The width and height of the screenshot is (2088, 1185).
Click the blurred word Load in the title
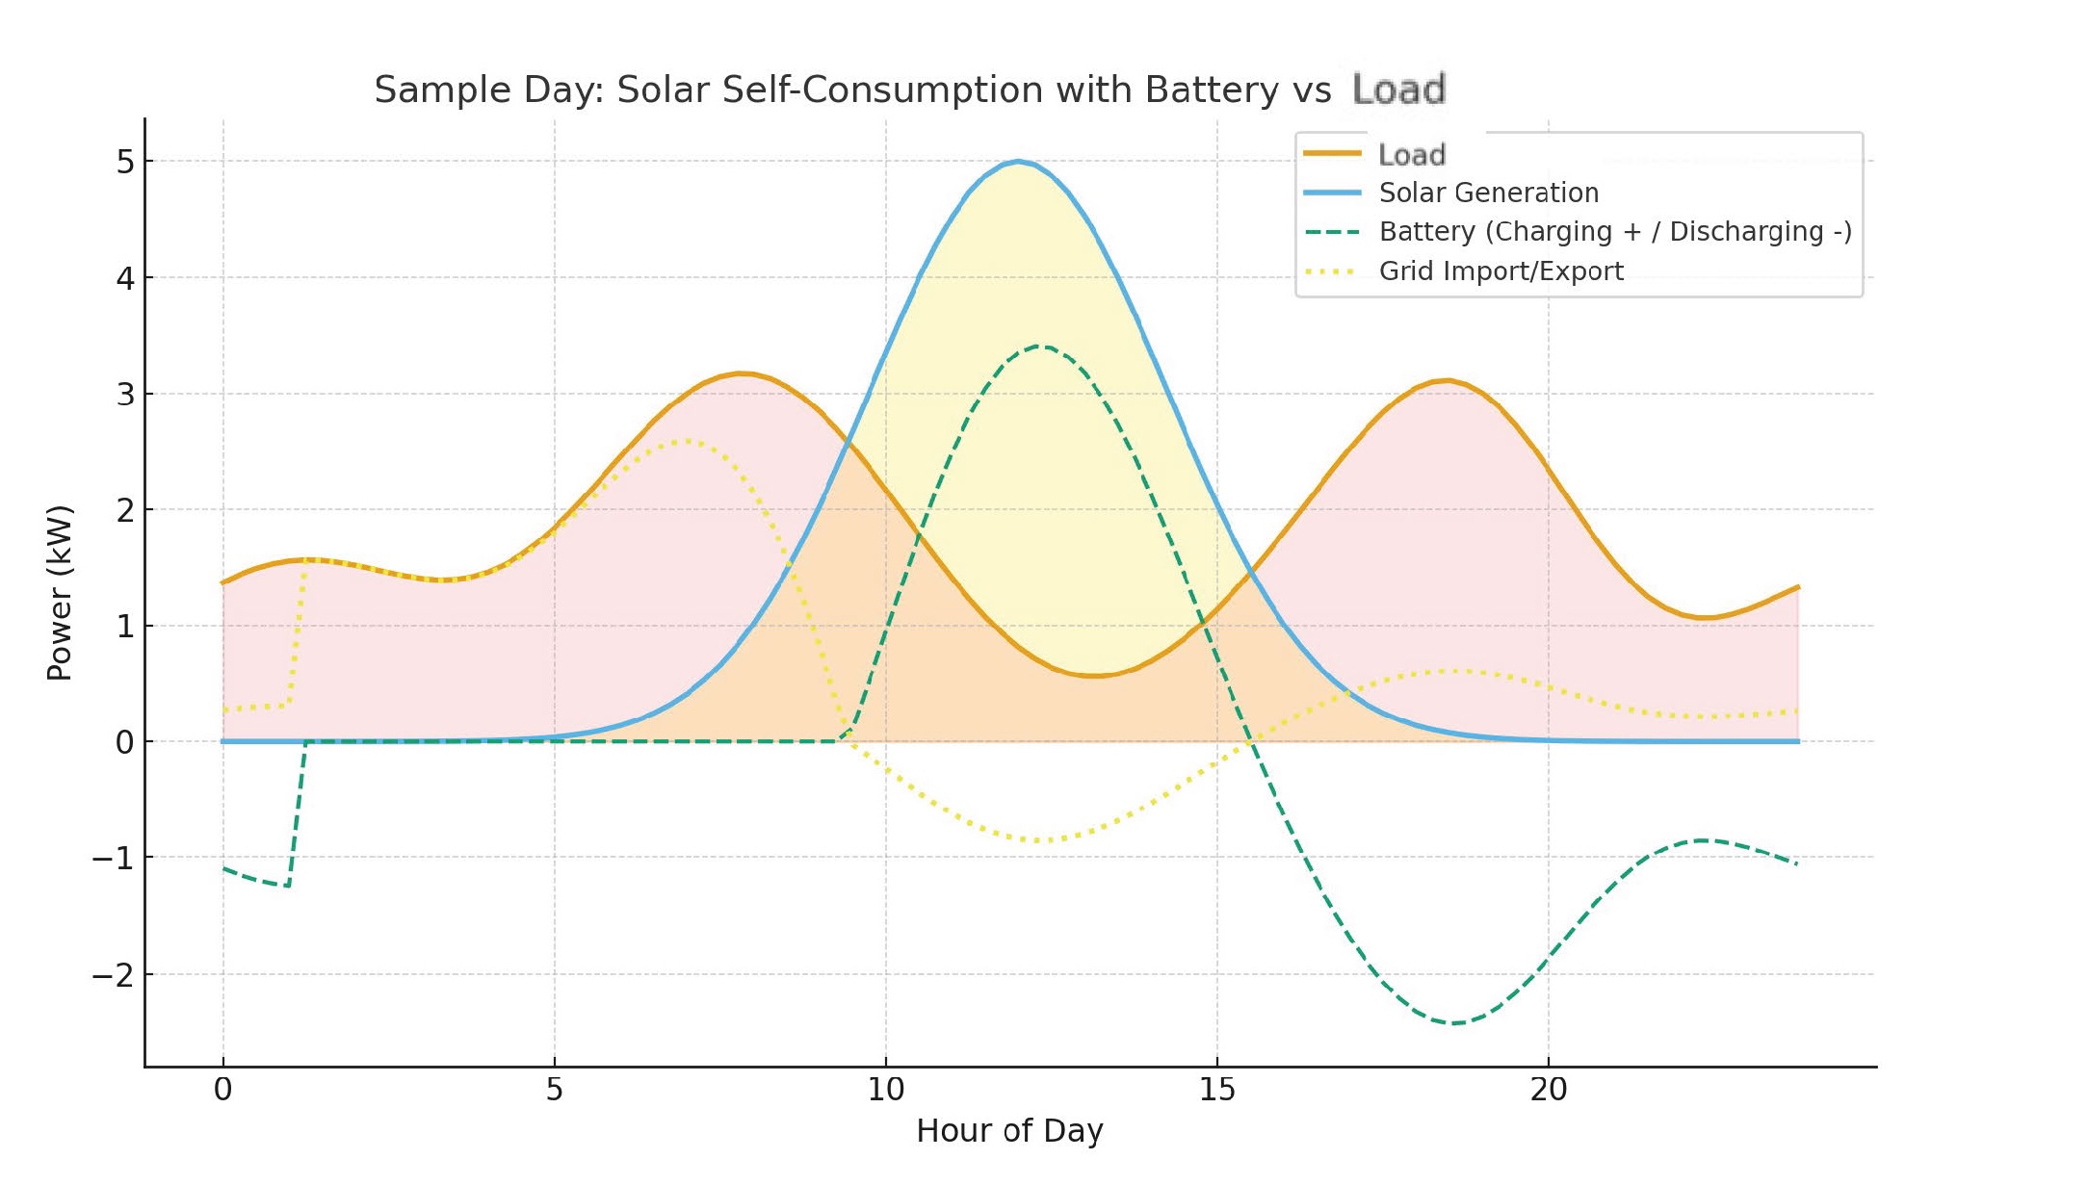(x=1398, y=90)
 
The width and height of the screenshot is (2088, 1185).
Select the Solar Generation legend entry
(x=1488, y=193)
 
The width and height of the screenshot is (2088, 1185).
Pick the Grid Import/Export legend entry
(x=1501, y=271)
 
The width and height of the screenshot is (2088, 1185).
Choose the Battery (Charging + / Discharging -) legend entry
(x=1614, y=232)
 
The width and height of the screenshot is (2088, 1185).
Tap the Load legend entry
(x=1411, y=154)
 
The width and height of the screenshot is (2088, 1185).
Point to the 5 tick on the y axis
(x=125, y=162)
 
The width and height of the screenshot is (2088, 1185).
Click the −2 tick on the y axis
(x=114, y=975)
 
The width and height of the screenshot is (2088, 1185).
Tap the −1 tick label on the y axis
(x=114, y=858)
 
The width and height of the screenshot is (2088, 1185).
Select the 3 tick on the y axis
(x=125, y=395)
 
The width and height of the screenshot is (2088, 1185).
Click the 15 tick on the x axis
(x=1216, y=1090)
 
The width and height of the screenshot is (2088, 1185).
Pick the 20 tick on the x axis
(x=1548, y=1090)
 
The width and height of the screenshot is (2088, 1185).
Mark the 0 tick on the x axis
(x=222, y=1090)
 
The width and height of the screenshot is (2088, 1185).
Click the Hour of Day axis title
(x=1009, y=1130)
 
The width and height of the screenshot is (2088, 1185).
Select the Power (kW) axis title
(x=60, y=593)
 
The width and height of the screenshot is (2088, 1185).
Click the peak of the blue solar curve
(x=1018, y=162)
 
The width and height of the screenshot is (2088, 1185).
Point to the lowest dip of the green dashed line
(x=1454, y=1022)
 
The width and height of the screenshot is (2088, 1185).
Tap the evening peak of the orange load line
(x=1446, y=381)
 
